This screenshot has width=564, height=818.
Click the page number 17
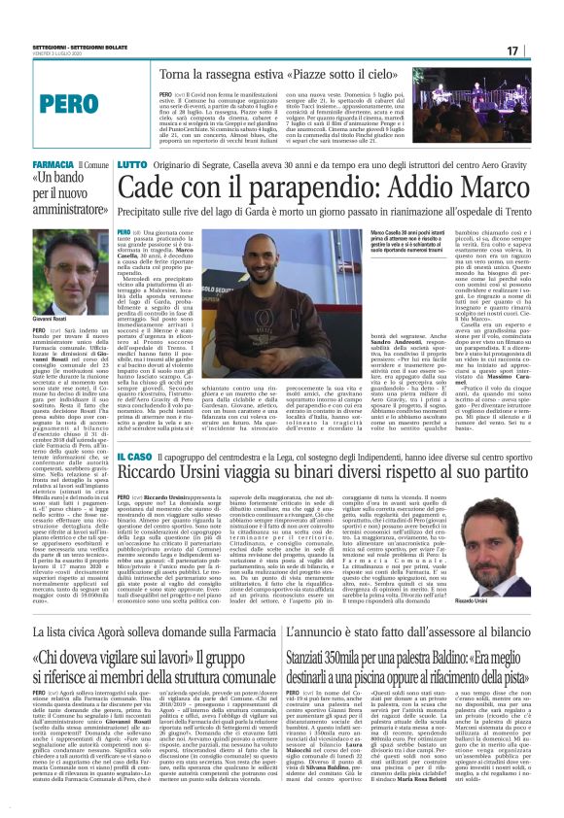539,51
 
